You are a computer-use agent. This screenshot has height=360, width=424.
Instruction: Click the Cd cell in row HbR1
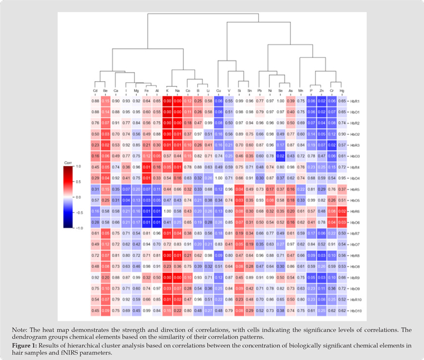(x=95, y=101)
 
